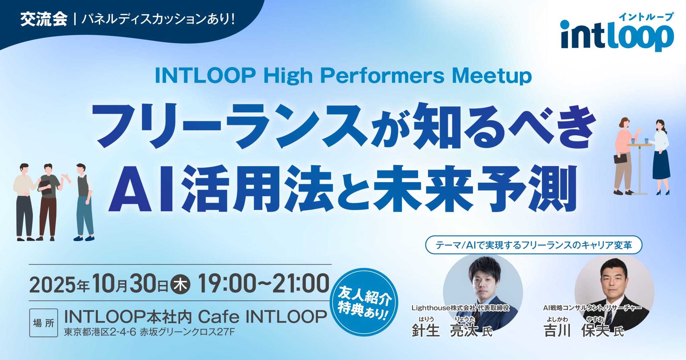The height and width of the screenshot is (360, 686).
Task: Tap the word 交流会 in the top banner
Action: (44, 19)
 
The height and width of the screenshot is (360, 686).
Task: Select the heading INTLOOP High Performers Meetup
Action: (343, 76)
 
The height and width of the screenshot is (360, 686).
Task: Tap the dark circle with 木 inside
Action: (181, 284)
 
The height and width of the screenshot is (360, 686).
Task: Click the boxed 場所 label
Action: (44, 323)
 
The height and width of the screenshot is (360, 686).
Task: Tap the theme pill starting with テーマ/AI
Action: (533, 245)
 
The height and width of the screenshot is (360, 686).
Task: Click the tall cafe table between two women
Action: (639, 167)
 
